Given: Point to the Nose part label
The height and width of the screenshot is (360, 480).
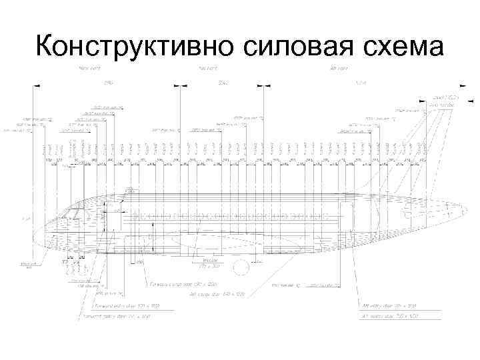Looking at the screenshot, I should [89, 68].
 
